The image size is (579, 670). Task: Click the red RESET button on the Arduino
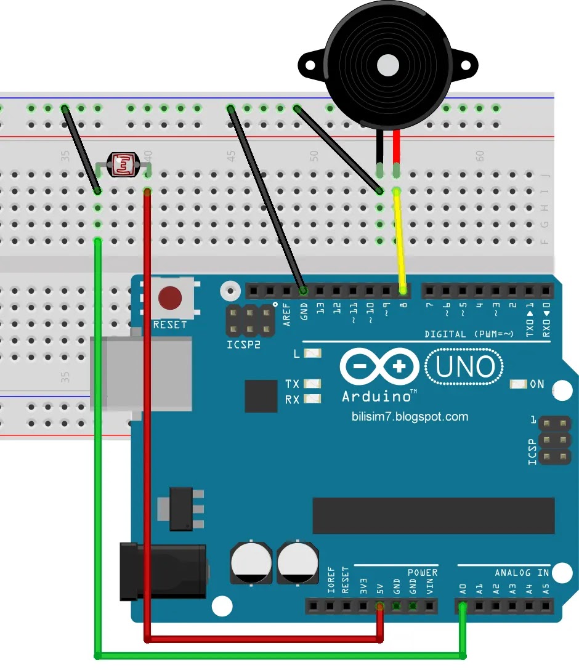170,298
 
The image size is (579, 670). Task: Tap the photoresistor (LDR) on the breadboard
124,164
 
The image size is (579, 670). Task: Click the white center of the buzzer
388,64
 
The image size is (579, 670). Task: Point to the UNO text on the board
466,367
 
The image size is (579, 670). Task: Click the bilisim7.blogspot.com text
410,417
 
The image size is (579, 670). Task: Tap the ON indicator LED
518,384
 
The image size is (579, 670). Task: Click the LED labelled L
313,354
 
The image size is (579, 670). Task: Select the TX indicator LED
312,384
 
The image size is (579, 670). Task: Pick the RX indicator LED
312,399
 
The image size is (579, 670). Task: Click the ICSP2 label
244,345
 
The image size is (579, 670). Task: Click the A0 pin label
463,589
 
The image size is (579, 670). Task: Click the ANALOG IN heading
522,573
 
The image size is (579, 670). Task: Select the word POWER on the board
422,573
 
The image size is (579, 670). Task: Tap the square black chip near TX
261,396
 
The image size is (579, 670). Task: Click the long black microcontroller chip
433,515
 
